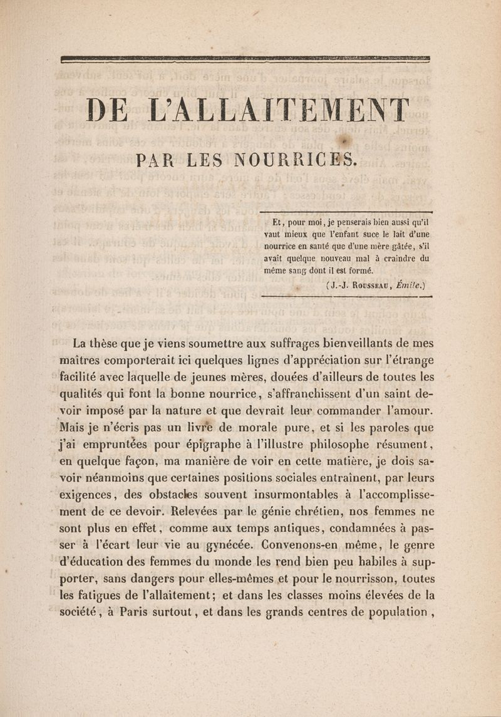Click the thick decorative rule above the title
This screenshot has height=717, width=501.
tap(246, 59)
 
